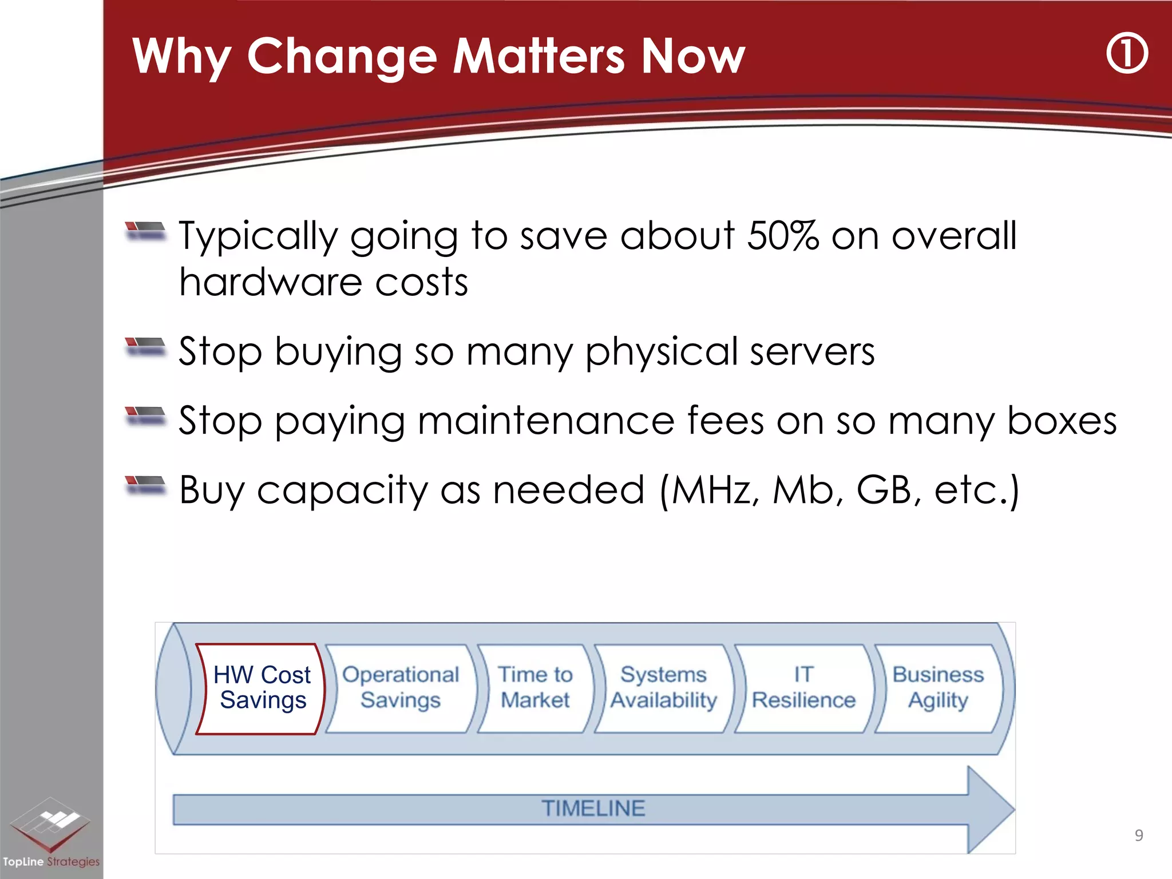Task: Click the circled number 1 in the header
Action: tap(1126, 54)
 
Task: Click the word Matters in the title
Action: tap(539, 56)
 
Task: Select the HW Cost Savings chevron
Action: tap(262, 688)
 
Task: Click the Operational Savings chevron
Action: tap(401, 688)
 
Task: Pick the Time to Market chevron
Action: tap(535, 688)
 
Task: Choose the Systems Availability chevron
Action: tap(664, 688)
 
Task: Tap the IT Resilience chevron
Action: tap(803, 688)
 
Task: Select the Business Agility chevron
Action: tap(938, 688)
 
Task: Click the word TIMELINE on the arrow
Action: tap(593, 809)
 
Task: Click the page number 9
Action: tap(1138, 836)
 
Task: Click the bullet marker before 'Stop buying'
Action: tap(145, 347)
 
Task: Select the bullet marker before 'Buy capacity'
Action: tap(145, 485)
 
